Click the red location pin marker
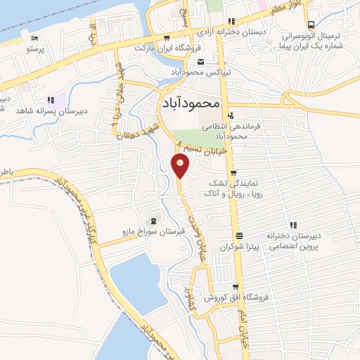pos(181,165)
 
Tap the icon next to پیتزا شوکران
pos(240,236)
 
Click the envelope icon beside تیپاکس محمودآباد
pos(202,62)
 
